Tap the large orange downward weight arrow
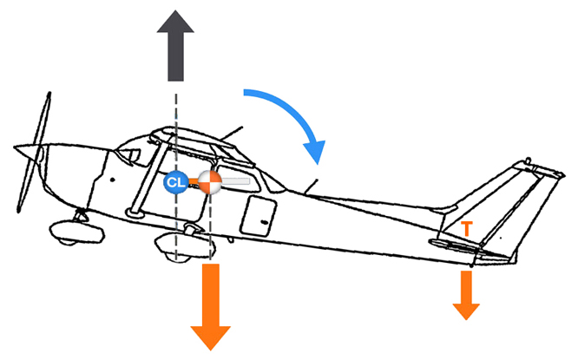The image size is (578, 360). tap(209, 304)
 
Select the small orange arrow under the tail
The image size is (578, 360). tap(466, 293)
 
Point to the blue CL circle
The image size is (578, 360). tap(176, 182)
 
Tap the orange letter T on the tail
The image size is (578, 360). tap(467, 229)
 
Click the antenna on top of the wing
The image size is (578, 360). tap(229, 134)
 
